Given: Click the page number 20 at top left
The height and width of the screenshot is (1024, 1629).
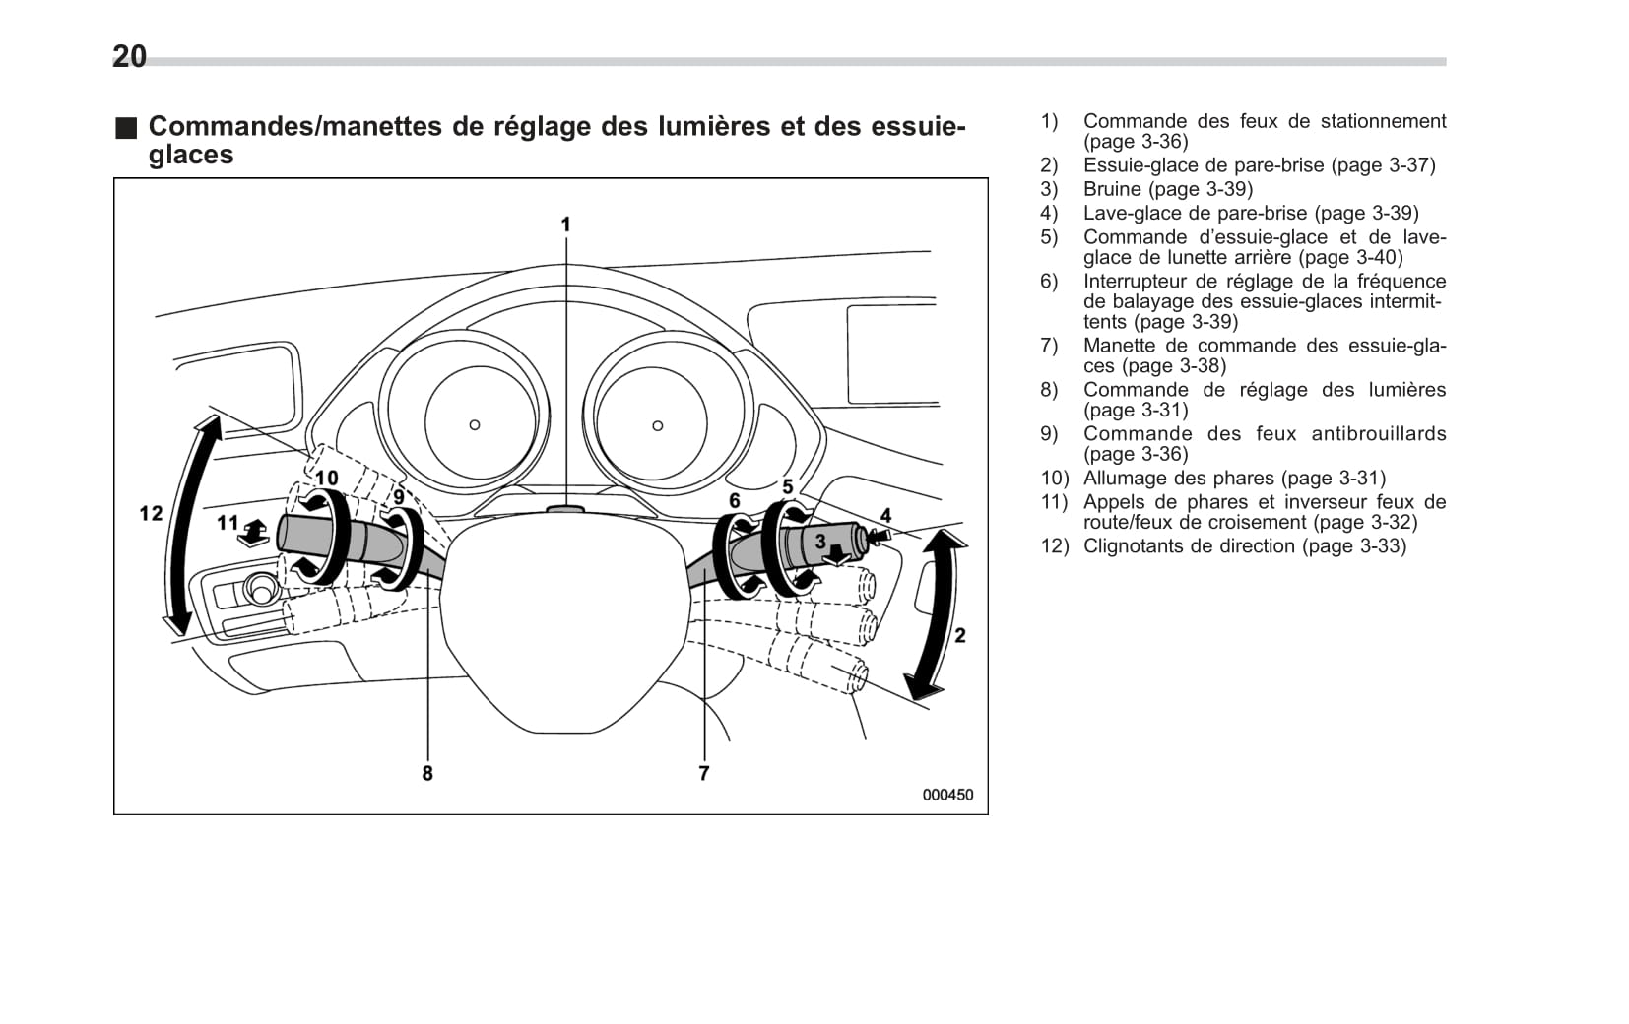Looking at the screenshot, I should coord(129,56).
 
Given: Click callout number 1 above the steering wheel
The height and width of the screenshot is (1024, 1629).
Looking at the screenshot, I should coord(565,224).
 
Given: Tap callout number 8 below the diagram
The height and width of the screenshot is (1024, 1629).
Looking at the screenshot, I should coord(427,773).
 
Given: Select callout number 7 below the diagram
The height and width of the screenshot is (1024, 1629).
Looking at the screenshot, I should coord(703,773).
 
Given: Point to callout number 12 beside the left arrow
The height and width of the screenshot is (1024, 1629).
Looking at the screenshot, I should coord(151,513).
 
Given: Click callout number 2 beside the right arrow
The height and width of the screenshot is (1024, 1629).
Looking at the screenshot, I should coord(959,635).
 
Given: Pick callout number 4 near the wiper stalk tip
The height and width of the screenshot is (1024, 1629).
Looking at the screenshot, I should coord(885,515).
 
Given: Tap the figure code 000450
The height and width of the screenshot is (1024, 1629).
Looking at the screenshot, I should coord(947,795).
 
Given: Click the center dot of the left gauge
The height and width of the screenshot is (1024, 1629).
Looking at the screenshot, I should coord(475,425).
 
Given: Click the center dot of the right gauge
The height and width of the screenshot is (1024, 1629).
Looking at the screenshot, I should coord(658,425).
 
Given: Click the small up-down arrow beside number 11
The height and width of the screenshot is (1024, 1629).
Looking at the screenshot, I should coord(254,531).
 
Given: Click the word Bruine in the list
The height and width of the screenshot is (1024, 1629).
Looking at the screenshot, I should coord(1112,189).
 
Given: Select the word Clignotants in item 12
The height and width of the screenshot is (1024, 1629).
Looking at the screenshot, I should coord(1133,545).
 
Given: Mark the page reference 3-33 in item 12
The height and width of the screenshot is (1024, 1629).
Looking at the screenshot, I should coord(1376,545).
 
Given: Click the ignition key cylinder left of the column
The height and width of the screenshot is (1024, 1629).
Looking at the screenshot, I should coord(261,590).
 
